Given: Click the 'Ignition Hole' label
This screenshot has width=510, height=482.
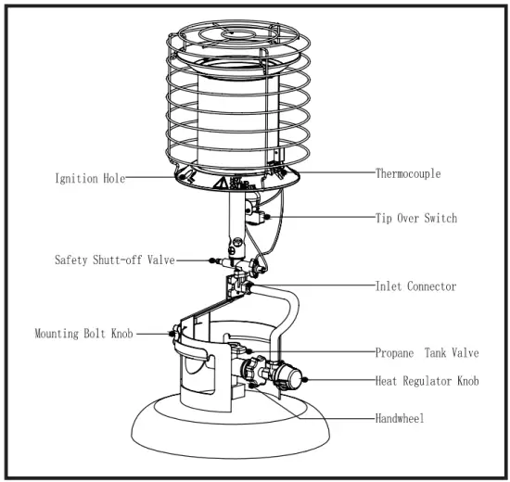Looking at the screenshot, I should click(x=88, y=179).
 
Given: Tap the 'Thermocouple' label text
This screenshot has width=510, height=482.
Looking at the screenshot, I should click(x=408, y=173).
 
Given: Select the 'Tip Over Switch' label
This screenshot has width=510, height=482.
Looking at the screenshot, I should click(x=416, y=218).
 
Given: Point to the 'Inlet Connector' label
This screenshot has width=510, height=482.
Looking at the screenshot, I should click(x=415, y=286).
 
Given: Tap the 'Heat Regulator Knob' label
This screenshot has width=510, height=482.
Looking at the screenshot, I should click(x=427, y=380).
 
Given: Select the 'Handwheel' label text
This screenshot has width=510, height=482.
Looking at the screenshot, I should click(x=400, y=419).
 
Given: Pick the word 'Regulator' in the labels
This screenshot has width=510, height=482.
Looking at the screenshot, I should click(x=431, y=380).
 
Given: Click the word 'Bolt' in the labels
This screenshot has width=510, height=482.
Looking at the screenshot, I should click(x=98, y=332).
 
